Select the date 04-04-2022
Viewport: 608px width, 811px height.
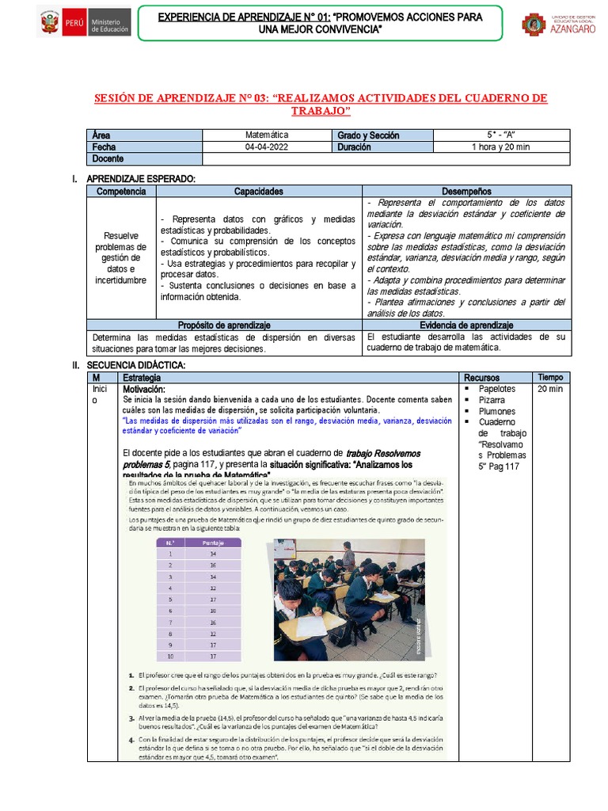(x=267, y=147)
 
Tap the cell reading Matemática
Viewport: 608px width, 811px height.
(x=267, y=135)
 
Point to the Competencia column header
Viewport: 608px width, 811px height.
(x=121, y=192)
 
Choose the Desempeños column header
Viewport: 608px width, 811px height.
(x=467, y=192)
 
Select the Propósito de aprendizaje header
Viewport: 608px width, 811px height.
(x=224, y=326)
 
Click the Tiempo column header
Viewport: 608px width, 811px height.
(x=550, y=377)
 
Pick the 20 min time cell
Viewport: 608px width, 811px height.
(x=550, y=389)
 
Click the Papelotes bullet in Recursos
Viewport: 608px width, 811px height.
(x=497, y=389)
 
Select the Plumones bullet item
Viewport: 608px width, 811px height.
(x=496, y=411)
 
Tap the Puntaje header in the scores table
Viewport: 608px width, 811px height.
(x=213, y=543)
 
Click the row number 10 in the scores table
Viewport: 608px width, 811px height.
(x=169, y=657)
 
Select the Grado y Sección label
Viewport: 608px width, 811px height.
(x=368, y=135)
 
